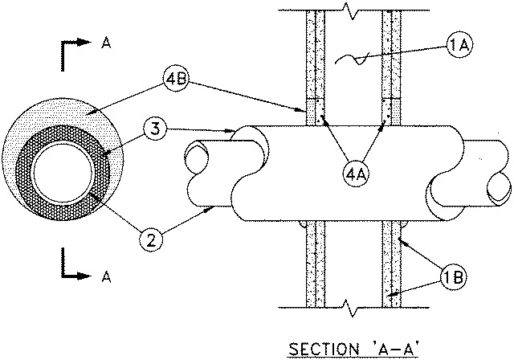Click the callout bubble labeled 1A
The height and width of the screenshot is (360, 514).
tap(459, 46)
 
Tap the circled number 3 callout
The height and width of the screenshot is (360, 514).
tap(155, 129)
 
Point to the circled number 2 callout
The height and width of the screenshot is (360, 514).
tap(151, 239)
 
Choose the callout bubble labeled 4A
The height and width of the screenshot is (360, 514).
tap(355, 174)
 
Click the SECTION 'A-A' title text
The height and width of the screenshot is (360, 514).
tap(353, 349)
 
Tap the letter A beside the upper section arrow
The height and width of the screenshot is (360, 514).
tap(106, 43)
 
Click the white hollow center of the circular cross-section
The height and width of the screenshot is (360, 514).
tap(63, 173)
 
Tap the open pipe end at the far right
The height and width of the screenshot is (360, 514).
tap(499, 190)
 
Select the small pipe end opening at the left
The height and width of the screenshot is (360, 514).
tap(196, 158)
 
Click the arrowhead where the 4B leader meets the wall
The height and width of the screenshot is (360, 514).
tap(302, 110)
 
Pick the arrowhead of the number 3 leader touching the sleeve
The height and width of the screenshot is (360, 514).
tap(229, 131)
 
